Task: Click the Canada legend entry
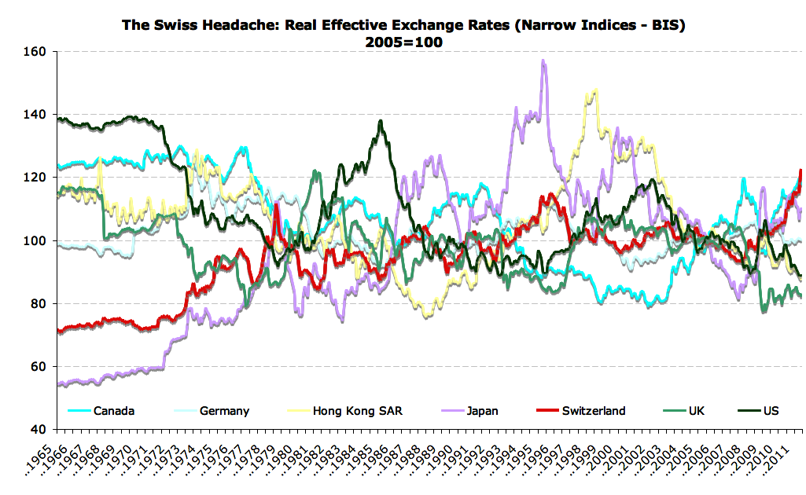click(x=114, y=410)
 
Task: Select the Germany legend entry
click(x=224, y=410)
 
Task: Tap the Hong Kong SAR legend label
click(x=357, y=410)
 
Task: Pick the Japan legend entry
click(x=481, y=410)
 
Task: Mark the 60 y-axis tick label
click(x=40, y=366)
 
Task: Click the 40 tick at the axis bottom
click(x=40, y=429)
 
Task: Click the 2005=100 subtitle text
click(x=403, y=42)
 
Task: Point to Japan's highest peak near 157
click(x=543, y=60)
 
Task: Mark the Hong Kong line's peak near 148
click(x=594, y=90)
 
